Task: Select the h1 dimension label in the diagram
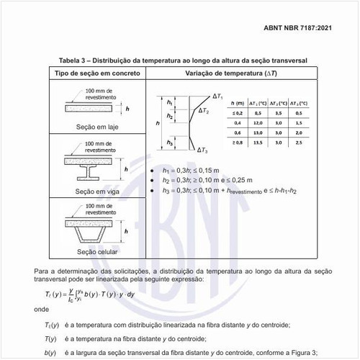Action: click(169, 104)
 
